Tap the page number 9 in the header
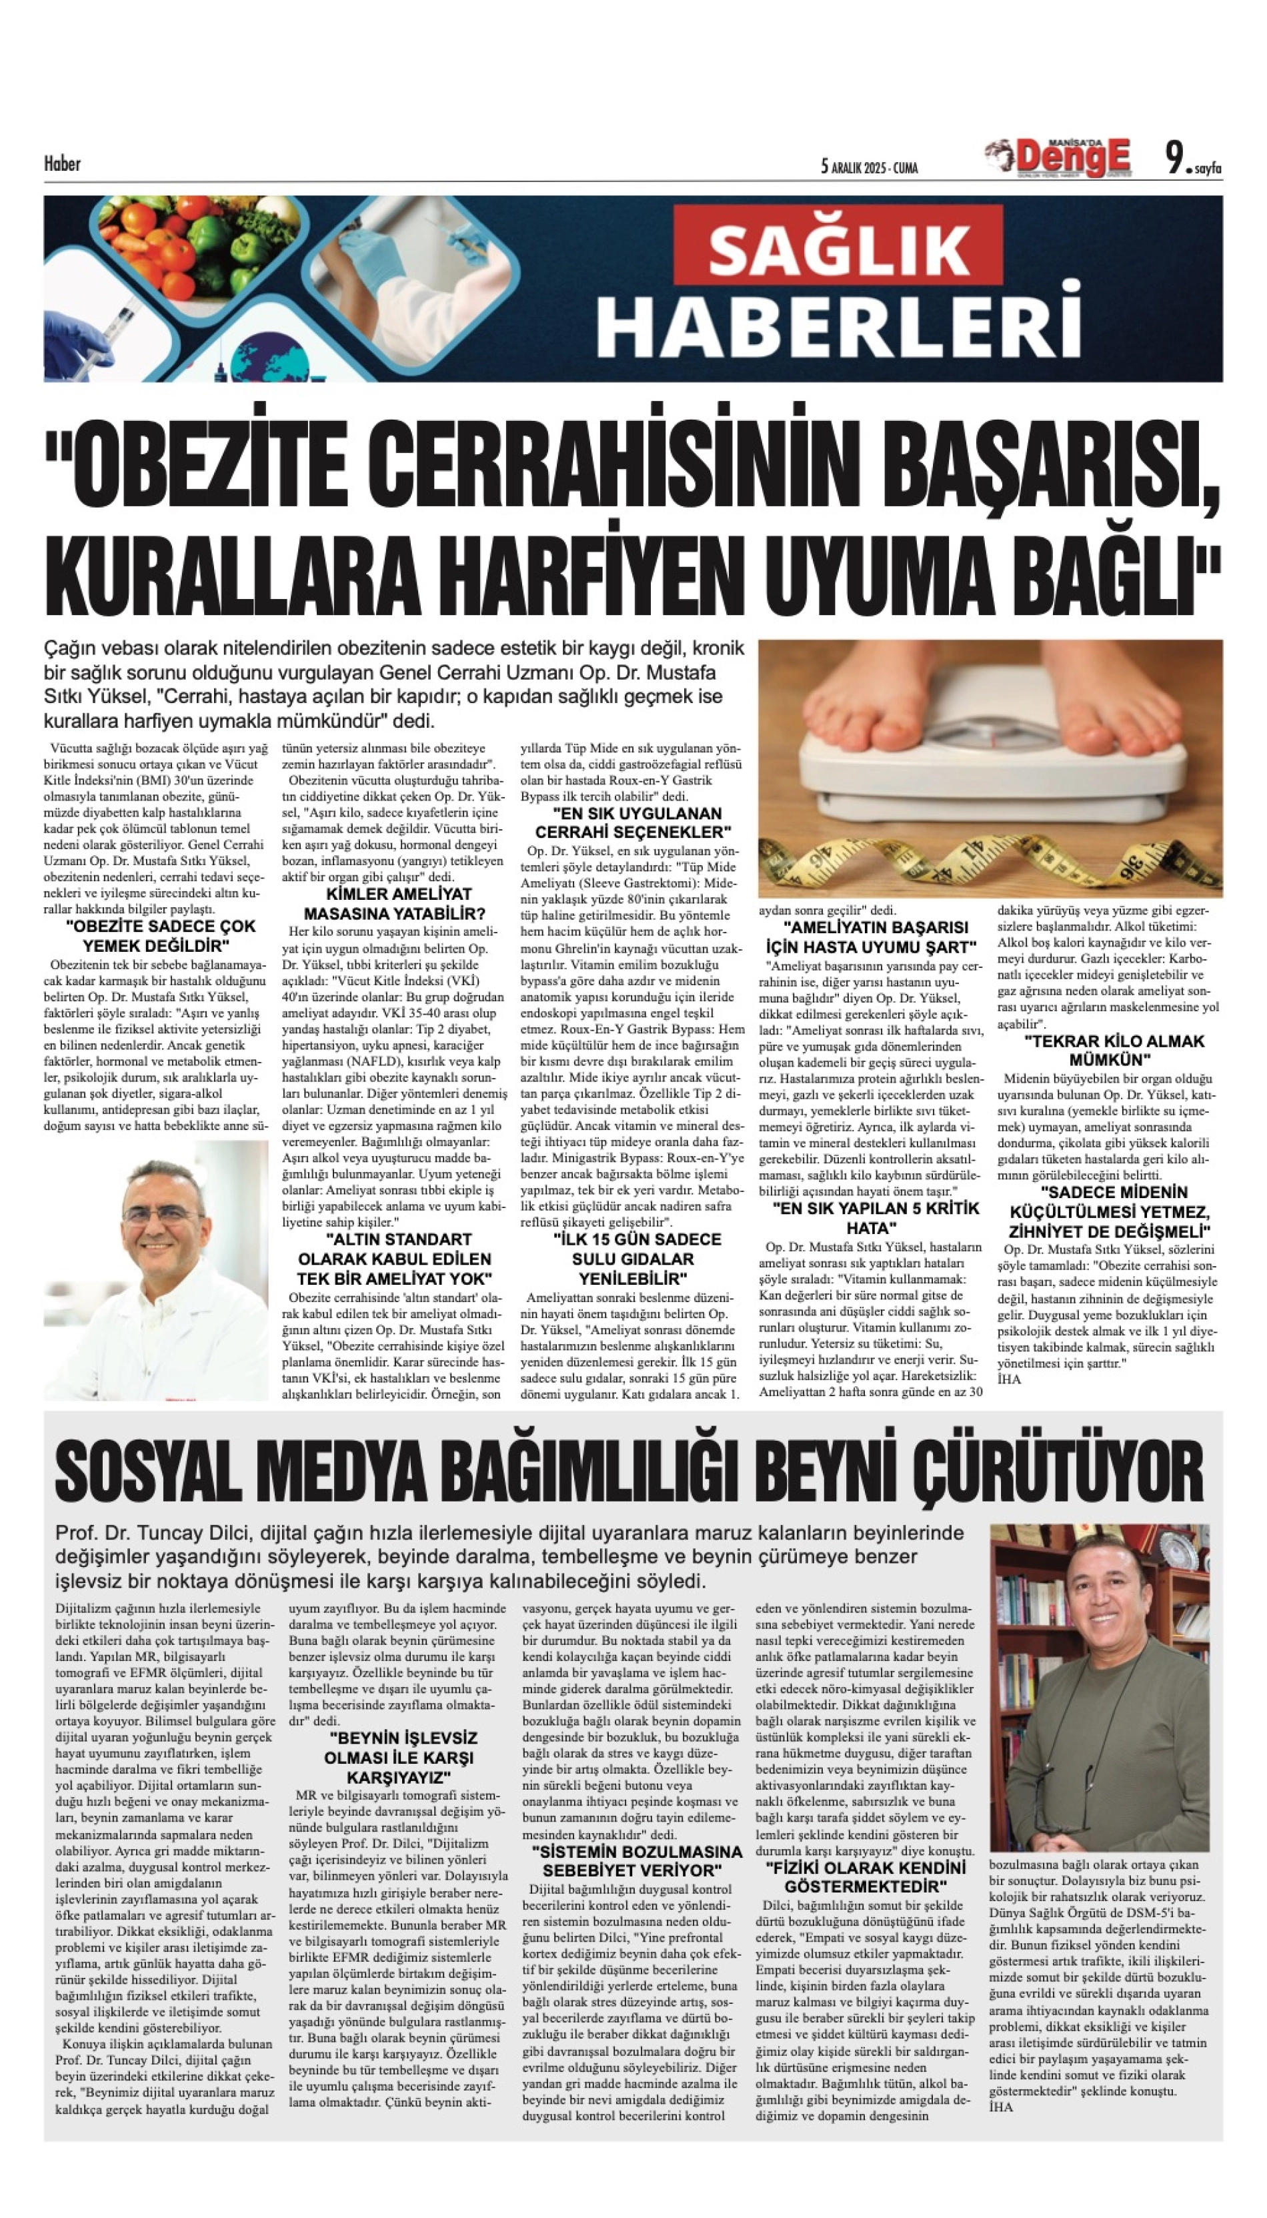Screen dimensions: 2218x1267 pyautogui.click(x=1176, y=159)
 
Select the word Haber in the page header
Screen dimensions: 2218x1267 pyautogui.click(x=62, y=163)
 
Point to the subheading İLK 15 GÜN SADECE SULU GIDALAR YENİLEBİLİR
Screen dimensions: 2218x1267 pyautogui.click(x=633, y=1258)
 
